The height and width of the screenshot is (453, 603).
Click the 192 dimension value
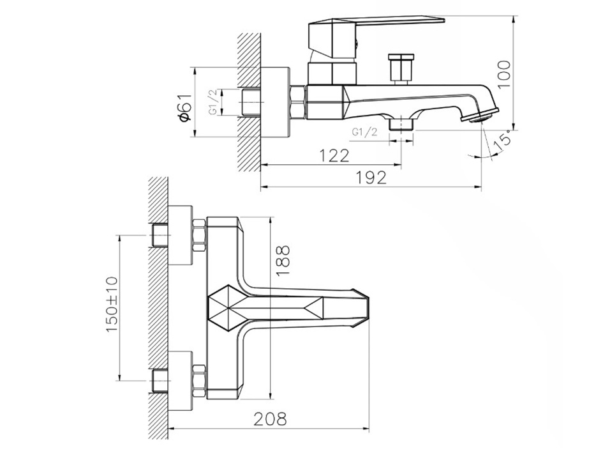pyautogui.click(x=371, y=178)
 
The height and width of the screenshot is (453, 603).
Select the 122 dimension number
pyautogui.click(x=334, y=156)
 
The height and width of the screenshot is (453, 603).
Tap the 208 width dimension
pyautogui.click(x=271, y=418)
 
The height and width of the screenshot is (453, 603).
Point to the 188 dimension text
pyautogui.click(x=283, y=261)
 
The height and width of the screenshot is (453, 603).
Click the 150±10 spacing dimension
pyautogui.click(x=112, y=305)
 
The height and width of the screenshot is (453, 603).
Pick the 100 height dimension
pyautogui.click(x=504, y=74)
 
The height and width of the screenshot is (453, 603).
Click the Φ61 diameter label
pyautogui.click(x=184, y=107)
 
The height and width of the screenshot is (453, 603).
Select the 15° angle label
pyautogui.click(x=503, y=140)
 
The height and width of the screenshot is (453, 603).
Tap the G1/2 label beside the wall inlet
pyautogui.click(x=213, y=102)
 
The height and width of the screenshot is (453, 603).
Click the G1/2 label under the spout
pyautogui.click(x=364, y=132)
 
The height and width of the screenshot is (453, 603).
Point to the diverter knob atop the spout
pyautogui.click(x=401, y=68)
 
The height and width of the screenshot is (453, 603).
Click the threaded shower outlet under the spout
pyautogui.click(x=401, y=125)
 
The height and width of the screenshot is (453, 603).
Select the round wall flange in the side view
pyautogui.click(x=275, y=102)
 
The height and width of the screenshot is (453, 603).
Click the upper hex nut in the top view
pyautogui.click(x=199, y=235)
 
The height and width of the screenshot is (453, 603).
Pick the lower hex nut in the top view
pyautogui.click(x=199, y=381)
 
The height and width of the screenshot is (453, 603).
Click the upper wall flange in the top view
pyautogui.click(x=181, y=235)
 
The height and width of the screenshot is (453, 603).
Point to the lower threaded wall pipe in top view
pyautogui.click(x=160, y=381)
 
